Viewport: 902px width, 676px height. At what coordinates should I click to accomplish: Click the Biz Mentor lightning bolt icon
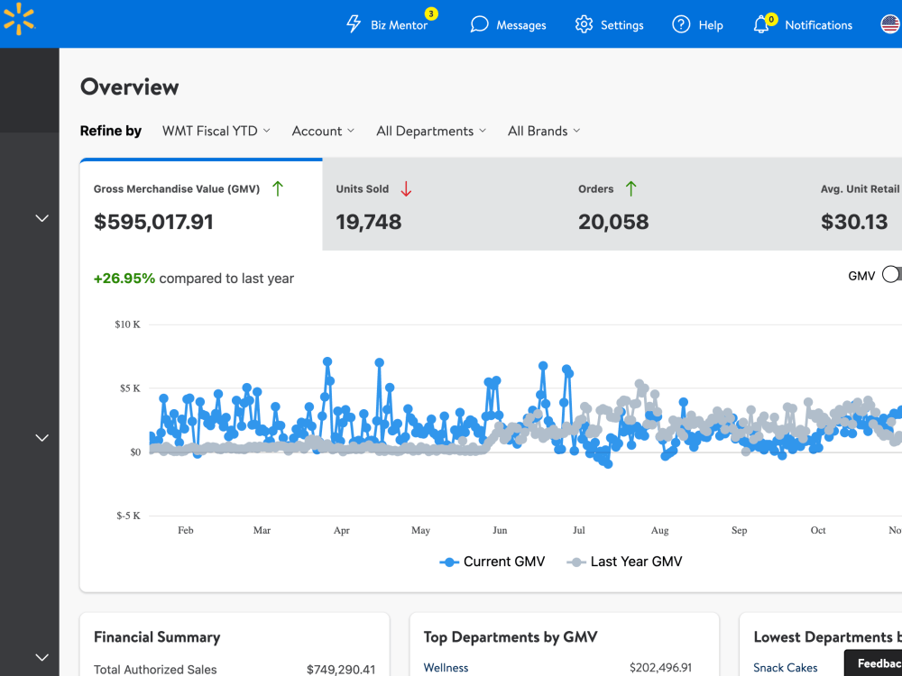[x=354, y=24]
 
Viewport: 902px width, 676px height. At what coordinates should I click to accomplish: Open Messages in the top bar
[x=508, y=24]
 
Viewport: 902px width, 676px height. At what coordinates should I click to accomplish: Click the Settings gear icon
[x=584, y=24]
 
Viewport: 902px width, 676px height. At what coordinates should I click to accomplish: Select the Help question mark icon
[x=681, y=24]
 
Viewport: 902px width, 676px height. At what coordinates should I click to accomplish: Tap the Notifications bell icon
[x=761, y=24]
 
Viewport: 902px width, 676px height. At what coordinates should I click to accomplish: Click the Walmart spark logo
[x=19, y=19]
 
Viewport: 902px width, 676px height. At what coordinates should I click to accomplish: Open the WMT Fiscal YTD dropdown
[x=216, y=131]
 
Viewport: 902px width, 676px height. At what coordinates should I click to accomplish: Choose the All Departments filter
[x=431, y=131]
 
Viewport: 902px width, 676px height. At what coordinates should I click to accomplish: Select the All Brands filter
[x=544, y=131]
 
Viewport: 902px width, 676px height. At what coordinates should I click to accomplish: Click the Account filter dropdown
[x=323, y=131]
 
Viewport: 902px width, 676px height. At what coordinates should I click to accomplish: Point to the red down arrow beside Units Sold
[x=406, y=188]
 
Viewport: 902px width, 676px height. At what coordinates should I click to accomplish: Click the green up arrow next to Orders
[x=631, y=188]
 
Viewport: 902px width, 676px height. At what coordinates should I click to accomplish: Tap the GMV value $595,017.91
[x=153, y=222]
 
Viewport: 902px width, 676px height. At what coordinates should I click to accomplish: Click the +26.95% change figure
[x=124, y=279]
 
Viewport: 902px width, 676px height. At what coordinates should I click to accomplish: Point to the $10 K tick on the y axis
[x=127, y=324]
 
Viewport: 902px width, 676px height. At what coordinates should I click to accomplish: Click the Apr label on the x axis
[x=342, y=530]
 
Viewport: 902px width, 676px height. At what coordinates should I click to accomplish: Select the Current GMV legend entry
[x=492, y=562]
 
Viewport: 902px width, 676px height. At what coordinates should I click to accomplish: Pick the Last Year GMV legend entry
[x=624, y=562]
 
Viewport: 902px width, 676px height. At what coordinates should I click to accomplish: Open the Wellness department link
[x=446, y=667]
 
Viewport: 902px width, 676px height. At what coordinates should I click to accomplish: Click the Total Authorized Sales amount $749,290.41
[x=341, y=669]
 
